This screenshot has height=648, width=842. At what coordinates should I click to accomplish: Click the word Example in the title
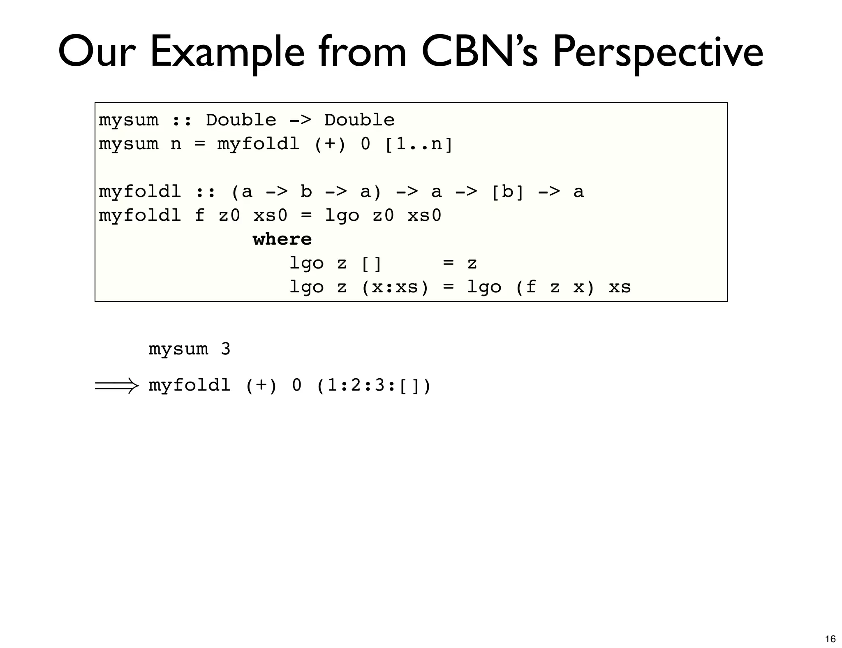point(227,53)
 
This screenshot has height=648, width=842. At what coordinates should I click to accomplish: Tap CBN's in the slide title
point(479,53)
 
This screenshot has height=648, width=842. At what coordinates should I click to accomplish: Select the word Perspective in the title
point(657,53)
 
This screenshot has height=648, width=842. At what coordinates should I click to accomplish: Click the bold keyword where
point(282,239)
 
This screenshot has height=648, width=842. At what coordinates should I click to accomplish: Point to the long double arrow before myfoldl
point(117,386)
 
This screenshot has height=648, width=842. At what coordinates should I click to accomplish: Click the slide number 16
point(830,639)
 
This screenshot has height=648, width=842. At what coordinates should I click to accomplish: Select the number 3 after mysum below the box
point(225,349)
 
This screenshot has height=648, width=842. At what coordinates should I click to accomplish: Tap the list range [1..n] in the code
point(419,144)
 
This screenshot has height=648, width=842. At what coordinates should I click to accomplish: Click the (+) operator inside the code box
point(330,144)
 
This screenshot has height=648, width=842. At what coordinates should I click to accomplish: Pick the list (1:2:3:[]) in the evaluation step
point(374,386)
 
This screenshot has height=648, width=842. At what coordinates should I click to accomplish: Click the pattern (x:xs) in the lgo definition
point(395,287)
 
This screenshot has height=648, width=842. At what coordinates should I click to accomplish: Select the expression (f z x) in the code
point(555,287)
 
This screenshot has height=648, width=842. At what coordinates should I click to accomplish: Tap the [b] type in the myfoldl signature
point(508,192)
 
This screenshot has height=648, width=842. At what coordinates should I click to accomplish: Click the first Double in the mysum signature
point(241,120)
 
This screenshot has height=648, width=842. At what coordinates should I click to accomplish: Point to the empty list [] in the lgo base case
point(371,264)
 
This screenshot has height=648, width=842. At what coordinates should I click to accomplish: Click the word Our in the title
point(97,53)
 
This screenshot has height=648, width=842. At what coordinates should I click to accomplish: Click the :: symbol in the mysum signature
point(182,120)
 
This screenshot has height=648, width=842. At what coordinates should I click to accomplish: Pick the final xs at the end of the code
point(620,287)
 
